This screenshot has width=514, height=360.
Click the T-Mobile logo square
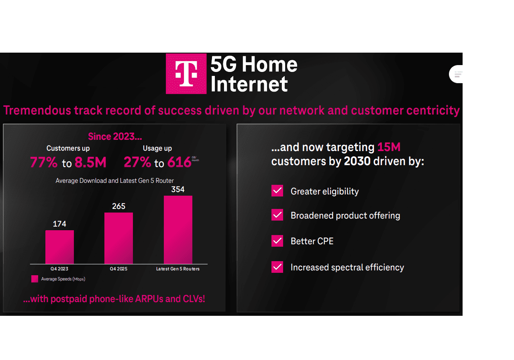[x=186, y=74]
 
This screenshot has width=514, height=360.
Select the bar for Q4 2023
[x=59, y=247]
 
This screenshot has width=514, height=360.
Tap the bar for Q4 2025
[x=118, y=238]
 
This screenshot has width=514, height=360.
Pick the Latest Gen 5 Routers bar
[x=178, y=230]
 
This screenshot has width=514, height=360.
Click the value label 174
[x=59, y=224]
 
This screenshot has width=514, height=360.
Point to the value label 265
[x=118, y=207]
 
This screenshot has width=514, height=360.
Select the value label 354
[x=178, y=189]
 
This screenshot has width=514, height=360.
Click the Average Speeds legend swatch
[x=35, y=279]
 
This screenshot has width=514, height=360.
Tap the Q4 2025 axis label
[x=118, y=269]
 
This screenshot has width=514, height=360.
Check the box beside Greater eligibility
[x=277, y=191]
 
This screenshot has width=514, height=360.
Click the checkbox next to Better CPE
[x=277, y=241]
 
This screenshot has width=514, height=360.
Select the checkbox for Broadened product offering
[x=277, y=215]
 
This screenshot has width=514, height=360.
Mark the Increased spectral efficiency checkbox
[x=277, y=267]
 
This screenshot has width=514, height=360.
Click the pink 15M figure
[x=389, y=147]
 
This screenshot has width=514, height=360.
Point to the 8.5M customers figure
[x=90, y=162]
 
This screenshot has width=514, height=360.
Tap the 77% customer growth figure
[x=43, y=162]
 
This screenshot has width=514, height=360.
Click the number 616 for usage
[x=179, y=162]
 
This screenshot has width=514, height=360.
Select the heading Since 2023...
[x=115, y=137]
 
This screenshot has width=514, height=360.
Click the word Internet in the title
[x=249, y=84]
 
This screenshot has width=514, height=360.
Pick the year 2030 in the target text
[x=357, y=162]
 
